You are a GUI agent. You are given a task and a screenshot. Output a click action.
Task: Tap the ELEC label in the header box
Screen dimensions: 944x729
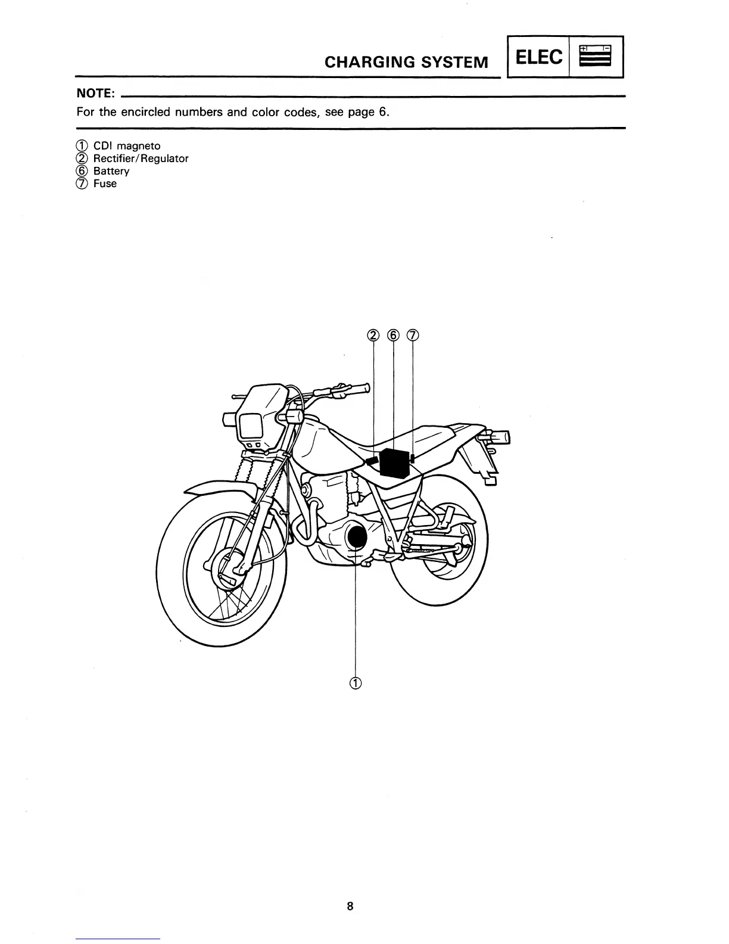pos(538,57)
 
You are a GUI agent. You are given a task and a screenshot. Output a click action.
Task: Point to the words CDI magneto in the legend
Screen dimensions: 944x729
pos(127,146)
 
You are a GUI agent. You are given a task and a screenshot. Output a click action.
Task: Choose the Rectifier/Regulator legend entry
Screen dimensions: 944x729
pos(141,159)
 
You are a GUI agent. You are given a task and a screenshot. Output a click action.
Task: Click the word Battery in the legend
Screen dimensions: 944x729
pos(111,171)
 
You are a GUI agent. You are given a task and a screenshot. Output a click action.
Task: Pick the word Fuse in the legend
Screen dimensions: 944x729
pos(105,184)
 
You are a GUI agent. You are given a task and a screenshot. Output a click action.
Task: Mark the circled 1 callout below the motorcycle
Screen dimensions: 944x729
pos(355,684)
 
